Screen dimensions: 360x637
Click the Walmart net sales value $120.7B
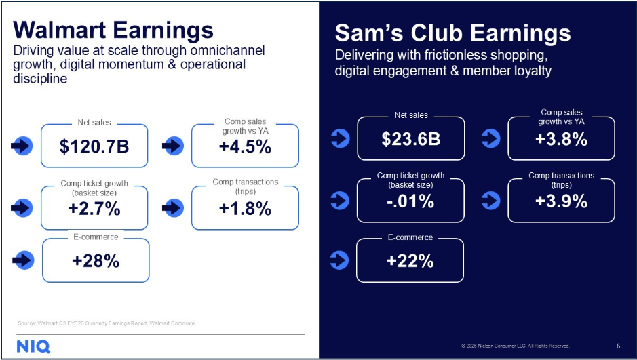tap(94, 146)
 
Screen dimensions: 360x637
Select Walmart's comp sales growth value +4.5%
tap(245, 146)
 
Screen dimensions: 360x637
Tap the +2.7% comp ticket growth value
tap(94, 209)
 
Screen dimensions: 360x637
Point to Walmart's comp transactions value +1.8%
tap(245, 209)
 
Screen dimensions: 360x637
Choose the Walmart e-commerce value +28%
tap(96, 261)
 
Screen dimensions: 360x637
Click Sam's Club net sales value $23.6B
tap(410, 139)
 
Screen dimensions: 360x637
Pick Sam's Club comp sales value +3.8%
tap(561, 139)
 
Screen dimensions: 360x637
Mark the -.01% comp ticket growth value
tap(410, 201)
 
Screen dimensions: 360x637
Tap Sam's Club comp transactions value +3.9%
tap(561, 201)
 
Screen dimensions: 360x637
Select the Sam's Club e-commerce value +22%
tap(410, 261)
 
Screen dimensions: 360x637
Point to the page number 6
tap(618, 345)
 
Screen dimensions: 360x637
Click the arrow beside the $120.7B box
tap(22, 145)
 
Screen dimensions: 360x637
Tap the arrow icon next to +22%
tap(339, 260)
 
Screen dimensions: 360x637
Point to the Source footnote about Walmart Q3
tap(106, 323)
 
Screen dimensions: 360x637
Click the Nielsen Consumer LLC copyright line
tap(515, 345)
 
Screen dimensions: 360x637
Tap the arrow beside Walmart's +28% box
tap(23, 260)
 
